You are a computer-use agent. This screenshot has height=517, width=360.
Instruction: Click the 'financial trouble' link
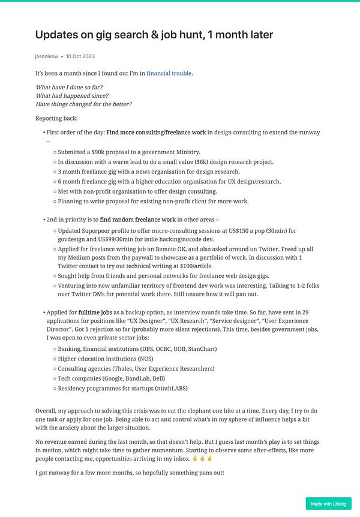pyautogui.click(x=169, y=73)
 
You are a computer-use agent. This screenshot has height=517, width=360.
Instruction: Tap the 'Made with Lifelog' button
pyautogui.click(x=328, y=504)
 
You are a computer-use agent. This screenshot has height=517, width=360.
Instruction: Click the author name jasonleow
pyautogui.click(x=47, y=56)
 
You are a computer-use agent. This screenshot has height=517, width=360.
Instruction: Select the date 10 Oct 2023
pyautogui.click(x=80, y=56)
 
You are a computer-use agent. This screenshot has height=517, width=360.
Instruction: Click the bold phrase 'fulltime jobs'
pyautogui.click(x=95, y=312)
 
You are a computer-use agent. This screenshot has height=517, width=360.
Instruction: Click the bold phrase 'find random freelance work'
pyautogui.click(x=138, y=220)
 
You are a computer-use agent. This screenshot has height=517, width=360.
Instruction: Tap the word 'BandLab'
pyautogui.click(x=155, y=378)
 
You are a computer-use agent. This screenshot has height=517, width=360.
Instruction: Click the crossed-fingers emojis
pyautogui.click(x=202, y=458)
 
